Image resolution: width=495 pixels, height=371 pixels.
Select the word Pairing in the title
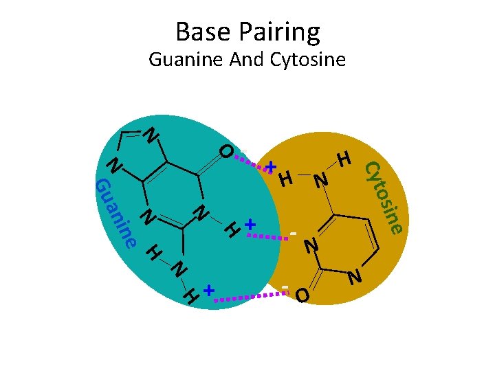click(x=277, y=33)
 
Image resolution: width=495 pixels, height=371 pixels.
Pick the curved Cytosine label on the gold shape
click(x=383, y=196)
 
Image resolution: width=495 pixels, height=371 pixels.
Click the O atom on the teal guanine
click(x=226, y=151)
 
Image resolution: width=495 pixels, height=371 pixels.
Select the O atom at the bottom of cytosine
click(x=302, y=296)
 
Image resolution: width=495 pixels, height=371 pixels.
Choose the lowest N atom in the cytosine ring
click(x=355, y=278)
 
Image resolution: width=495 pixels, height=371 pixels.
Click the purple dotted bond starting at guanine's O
click(x=252, y=162)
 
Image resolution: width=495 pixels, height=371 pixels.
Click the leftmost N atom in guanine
click(x=115, y=166)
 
